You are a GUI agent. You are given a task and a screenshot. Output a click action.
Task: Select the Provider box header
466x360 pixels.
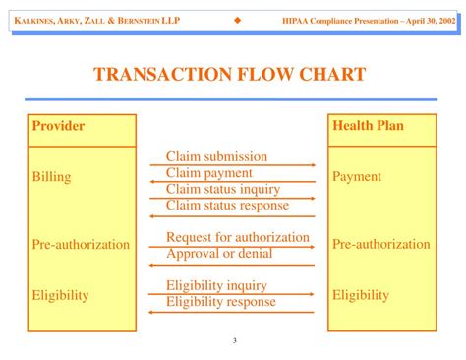pos(59,126)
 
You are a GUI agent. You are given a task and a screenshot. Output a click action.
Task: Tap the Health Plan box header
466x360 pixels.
pos(368,126)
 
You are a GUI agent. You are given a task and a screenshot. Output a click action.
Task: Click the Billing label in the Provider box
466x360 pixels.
pos(51,177)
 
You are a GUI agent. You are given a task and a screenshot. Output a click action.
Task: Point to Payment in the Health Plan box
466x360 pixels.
pos(357,177)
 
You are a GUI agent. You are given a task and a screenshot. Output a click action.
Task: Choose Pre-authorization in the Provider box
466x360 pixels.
pos(81,244)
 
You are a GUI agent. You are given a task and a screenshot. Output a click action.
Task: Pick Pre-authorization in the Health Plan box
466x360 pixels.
pos(381,244)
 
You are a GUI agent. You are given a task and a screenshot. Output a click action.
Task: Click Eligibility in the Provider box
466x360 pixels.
pos(60,294)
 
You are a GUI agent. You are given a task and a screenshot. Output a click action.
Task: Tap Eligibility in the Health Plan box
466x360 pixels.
pos(361,294)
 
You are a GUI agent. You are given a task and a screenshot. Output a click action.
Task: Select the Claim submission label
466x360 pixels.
pos(216,156)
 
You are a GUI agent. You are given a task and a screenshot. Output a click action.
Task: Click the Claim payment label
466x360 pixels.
pos(209,172)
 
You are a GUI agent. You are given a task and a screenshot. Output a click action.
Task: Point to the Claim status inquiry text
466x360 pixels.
pos(223,189)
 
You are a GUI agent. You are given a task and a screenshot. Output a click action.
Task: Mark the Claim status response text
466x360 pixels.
pos(227,205)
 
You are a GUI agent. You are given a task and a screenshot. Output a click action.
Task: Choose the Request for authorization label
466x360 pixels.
pos(238,237)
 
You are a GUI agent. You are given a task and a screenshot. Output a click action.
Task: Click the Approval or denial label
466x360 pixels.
pos(219,253)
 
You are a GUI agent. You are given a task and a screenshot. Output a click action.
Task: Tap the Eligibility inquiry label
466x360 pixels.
pos(216,286)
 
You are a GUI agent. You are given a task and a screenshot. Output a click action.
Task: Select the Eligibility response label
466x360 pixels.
pos(221,302)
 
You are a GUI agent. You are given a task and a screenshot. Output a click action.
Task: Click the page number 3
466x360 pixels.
pos(235,341)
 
